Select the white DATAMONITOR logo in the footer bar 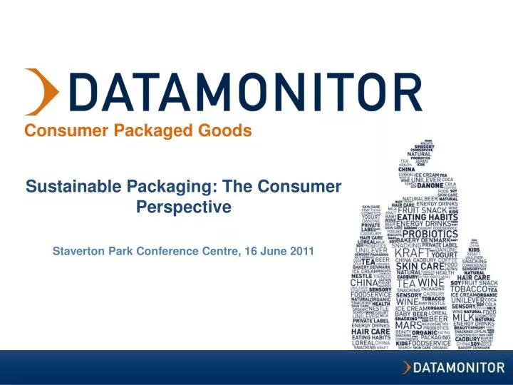pyautogui.click(x=455, y=368)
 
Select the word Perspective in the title pyautogui.click(x=183, y=207)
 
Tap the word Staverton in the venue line pyautogui.click(x=81, y=252)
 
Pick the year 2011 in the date pyautogui.click(x=300, y=252)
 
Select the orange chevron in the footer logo pyautogui.click(x=407, y=368)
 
